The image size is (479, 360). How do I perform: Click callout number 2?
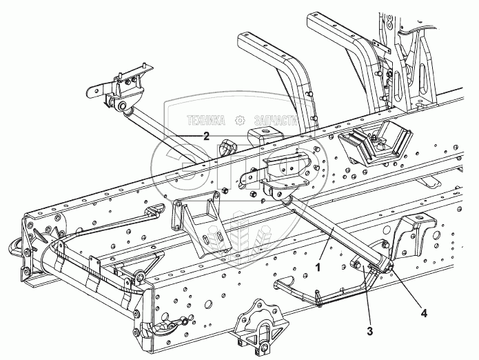tap(205, 137)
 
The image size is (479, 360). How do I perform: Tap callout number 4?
tap(425, 312)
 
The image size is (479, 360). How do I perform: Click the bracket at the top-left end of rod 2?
tap(121, 88)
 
